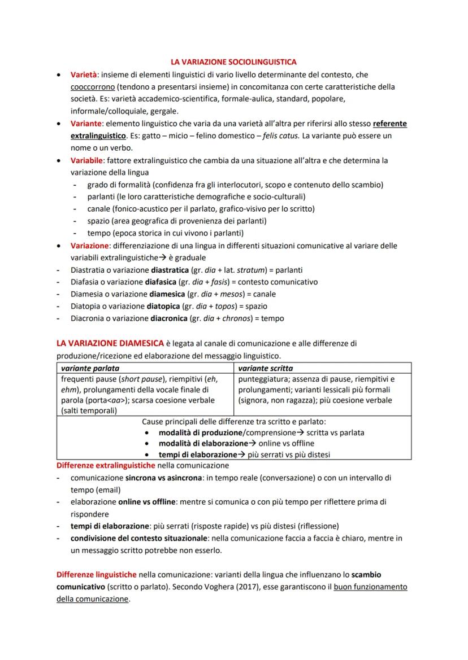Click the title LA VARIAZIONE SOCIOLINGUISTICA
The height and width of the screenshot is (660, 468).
point(234,62)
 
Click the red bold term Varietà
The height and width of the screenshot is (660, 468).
point(84,75)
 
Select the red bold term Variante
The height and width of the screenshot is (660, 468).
point(86,124)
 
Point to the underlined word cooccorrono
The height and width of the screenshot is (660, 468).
point(93,87)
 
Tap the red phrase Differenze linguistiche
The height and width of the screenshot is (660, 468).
point(97,575)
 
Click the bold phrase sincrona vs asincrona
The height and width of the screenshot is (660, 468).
point(163,478)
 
